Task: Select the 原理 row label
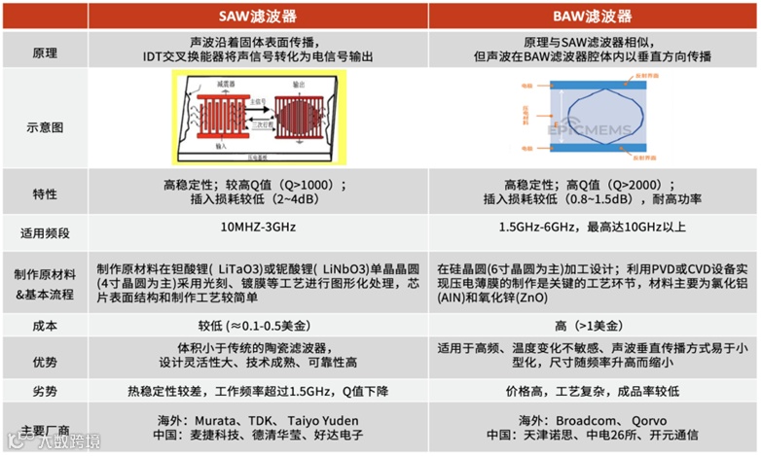click(44, 51)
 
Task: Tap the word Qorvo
click(656, 421)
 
